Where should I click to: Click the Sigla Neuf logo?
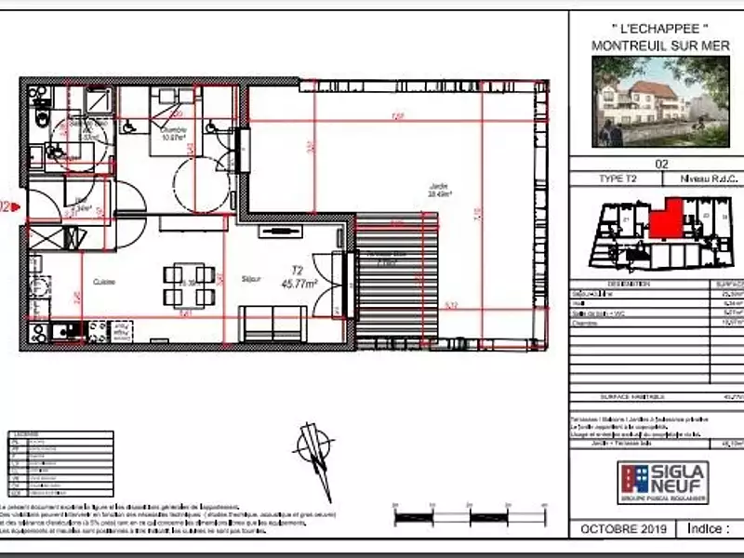[663, 479]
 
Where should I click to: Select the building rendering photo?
[660, 100]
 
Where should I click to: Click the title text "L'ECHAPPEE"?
[660, 29]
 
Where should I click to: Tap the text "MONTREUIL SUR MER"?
[660, 45]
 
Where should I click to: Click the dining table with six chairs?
[190, 286]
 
